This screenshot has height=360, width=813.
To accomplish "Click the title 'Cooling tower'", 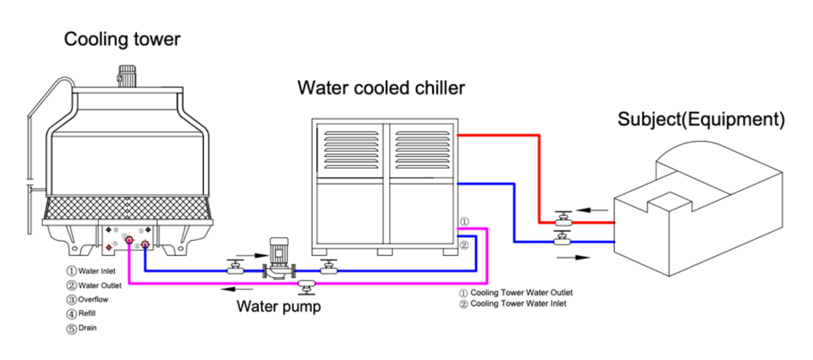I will [122, 40].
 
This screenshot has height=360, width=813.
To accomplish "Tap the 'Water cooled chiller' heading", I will [381, 88].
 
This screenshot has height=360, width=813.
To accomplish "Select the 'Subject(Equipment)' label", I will [701, 119].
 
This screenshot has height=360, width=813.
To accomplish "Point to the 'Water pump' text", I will [279, 306].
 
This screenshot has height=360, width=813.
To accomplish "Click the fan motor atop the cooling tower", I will [127, 75].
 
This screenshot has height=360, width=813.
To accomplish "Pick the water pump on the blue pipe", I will [278, 259].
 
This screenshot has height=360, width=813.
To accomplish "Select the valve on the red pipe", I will [564, 220].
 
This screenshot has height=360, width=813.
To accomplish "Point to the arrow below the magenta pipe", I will [232, 289].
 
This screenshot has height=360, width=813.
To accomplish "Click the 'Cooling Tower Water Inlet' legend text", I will [518, 304].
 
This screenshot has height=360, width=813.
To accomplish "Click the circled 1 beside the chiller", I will [464, 222].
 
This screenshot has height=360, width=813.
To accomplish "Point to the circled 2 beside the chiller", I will [464, 245].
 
